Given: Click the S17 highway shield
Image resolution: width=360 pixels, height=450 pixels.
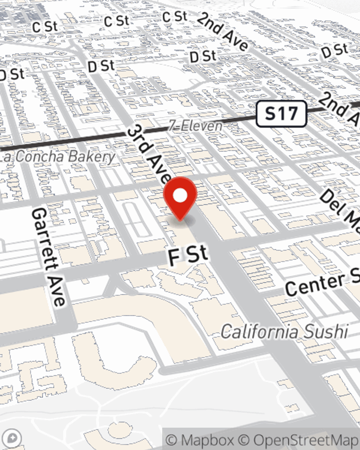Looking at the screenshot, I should (x=281, y=114).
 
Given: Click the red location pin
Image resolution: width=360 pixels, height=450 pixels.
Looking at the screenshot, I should (x=180, y=198).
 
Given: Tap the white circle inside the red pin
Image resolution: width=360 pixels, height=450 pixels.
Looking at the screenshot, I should (x=180, y=196).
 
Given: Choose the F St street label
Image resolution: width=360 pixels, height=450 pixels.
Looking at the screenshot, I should (x=188, y=255).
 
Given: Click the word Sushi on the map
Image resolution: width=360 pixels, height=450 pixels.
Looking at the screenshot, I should (x=325, y=332).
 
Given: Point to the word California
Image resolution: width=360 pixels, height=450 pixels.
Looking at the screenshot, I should (x=260, y=332).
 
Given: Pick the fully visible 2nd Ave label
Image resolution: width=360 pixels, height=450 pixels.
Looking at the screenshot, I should (x=223, y=32).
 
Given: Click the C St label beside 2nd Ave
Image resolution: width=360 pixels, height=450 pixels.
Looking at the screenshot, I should (x=175, y=17).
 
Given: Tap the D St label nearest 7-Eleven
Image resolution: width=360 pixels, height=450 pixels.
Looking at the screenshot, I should (x=203, y=56).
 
